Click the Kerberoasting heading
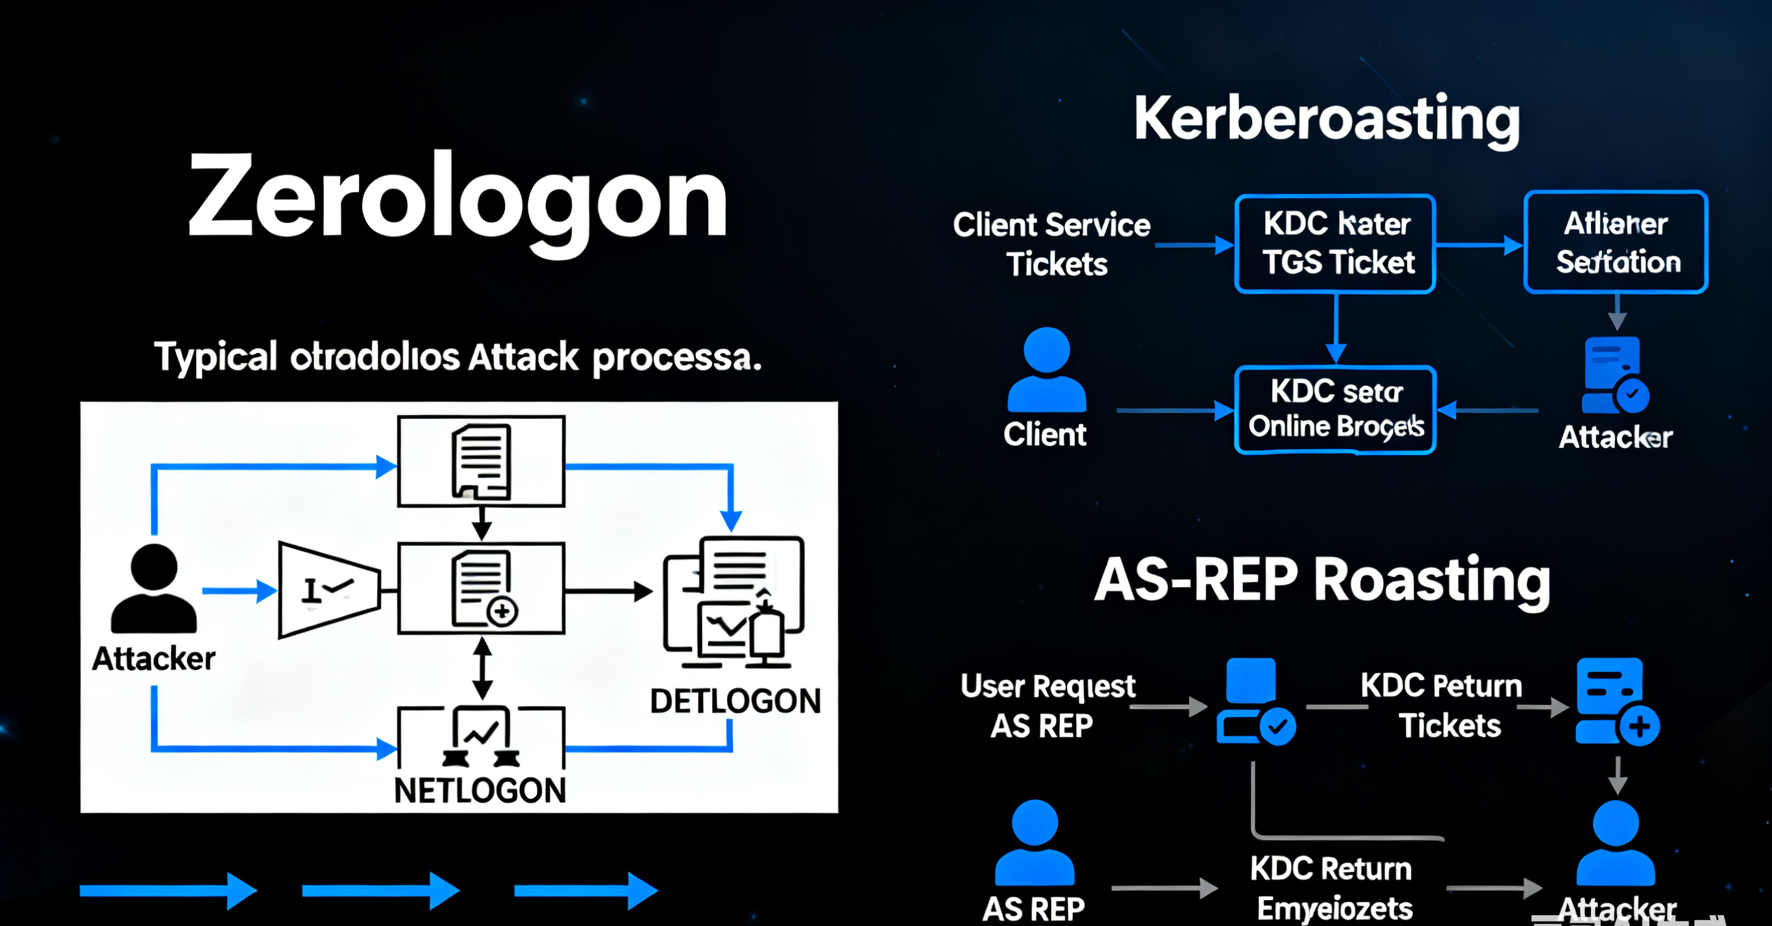(x=1326, y=119)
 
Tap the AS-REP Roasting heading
(x=1322, y=580)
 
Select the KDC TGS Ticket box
(x=1335, y=244)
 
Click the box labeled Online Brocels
(x=1335, y=410)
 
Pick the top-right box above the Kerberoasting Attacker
(x=1616, y=242)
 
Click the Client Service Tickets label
(x=1052, y=244)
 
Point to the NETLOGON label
(x=480, y=790)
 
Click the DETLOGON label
(x=735, y=701)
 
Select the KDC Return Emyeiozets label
(x=1333, y=888)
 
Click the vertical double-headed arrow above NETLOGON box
(x=483, y=668)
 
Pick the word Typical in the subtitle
(x=215, y=357)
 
